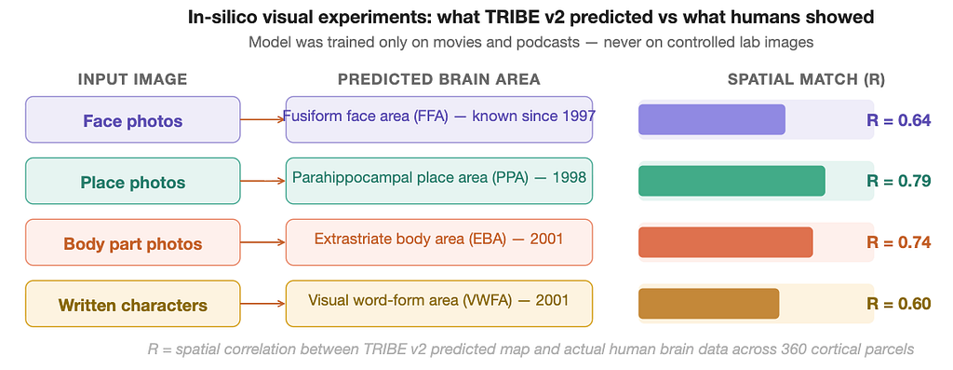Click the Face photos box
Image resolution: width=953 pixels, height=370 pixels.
(x=132, y=120)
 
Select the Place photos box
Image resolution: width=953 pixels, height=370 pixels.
(x=132, y=182)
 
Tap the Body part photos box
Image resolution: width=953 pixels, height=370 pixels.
(x=132, y=243)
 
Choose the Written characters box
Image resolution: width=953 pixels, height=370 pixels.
(x=132, y=304)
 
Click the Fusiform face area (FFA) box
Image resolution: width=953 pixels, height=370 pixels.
(x=439, y=120)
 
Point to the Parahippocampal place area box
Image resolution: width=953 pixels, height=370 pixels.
(x=439, y=182)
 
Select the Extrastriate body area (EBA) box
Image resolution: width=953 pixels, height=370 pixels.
(x=439, y=243)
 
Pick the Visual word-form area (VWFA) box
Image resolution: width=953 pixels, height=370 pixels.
(x=439, y=304)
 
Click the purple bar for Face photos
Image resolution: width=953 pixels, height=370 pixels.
(x=712, y=120)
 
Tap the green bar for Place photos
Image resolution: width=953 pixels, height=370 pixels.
(x=732, y=182)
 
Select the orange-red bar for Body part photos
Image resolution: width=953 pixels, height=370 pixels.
(x=726, y=243)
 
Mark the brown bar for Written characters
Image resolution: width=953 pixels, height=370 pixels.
(x=708, y=304)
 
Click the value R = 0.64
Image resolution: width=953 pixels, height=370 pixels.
(x=898, y=120)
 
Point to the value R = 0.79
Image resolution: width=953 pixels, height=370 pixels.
(x=898, y=182)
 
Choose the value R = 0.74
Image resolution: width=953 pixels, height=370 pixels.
(x=898, y=243)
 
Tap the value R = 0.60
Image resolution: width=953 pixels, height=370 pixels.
(x=898, y=304)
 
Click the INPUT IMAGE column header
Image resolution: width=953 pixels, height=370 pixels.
(x=132, y=80)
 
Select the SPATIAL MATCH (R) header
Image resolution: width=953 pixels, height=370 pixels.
(x=807, y=80)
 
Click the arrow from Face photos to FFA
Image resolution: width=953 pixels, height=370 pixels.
(x=262, y=120)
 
